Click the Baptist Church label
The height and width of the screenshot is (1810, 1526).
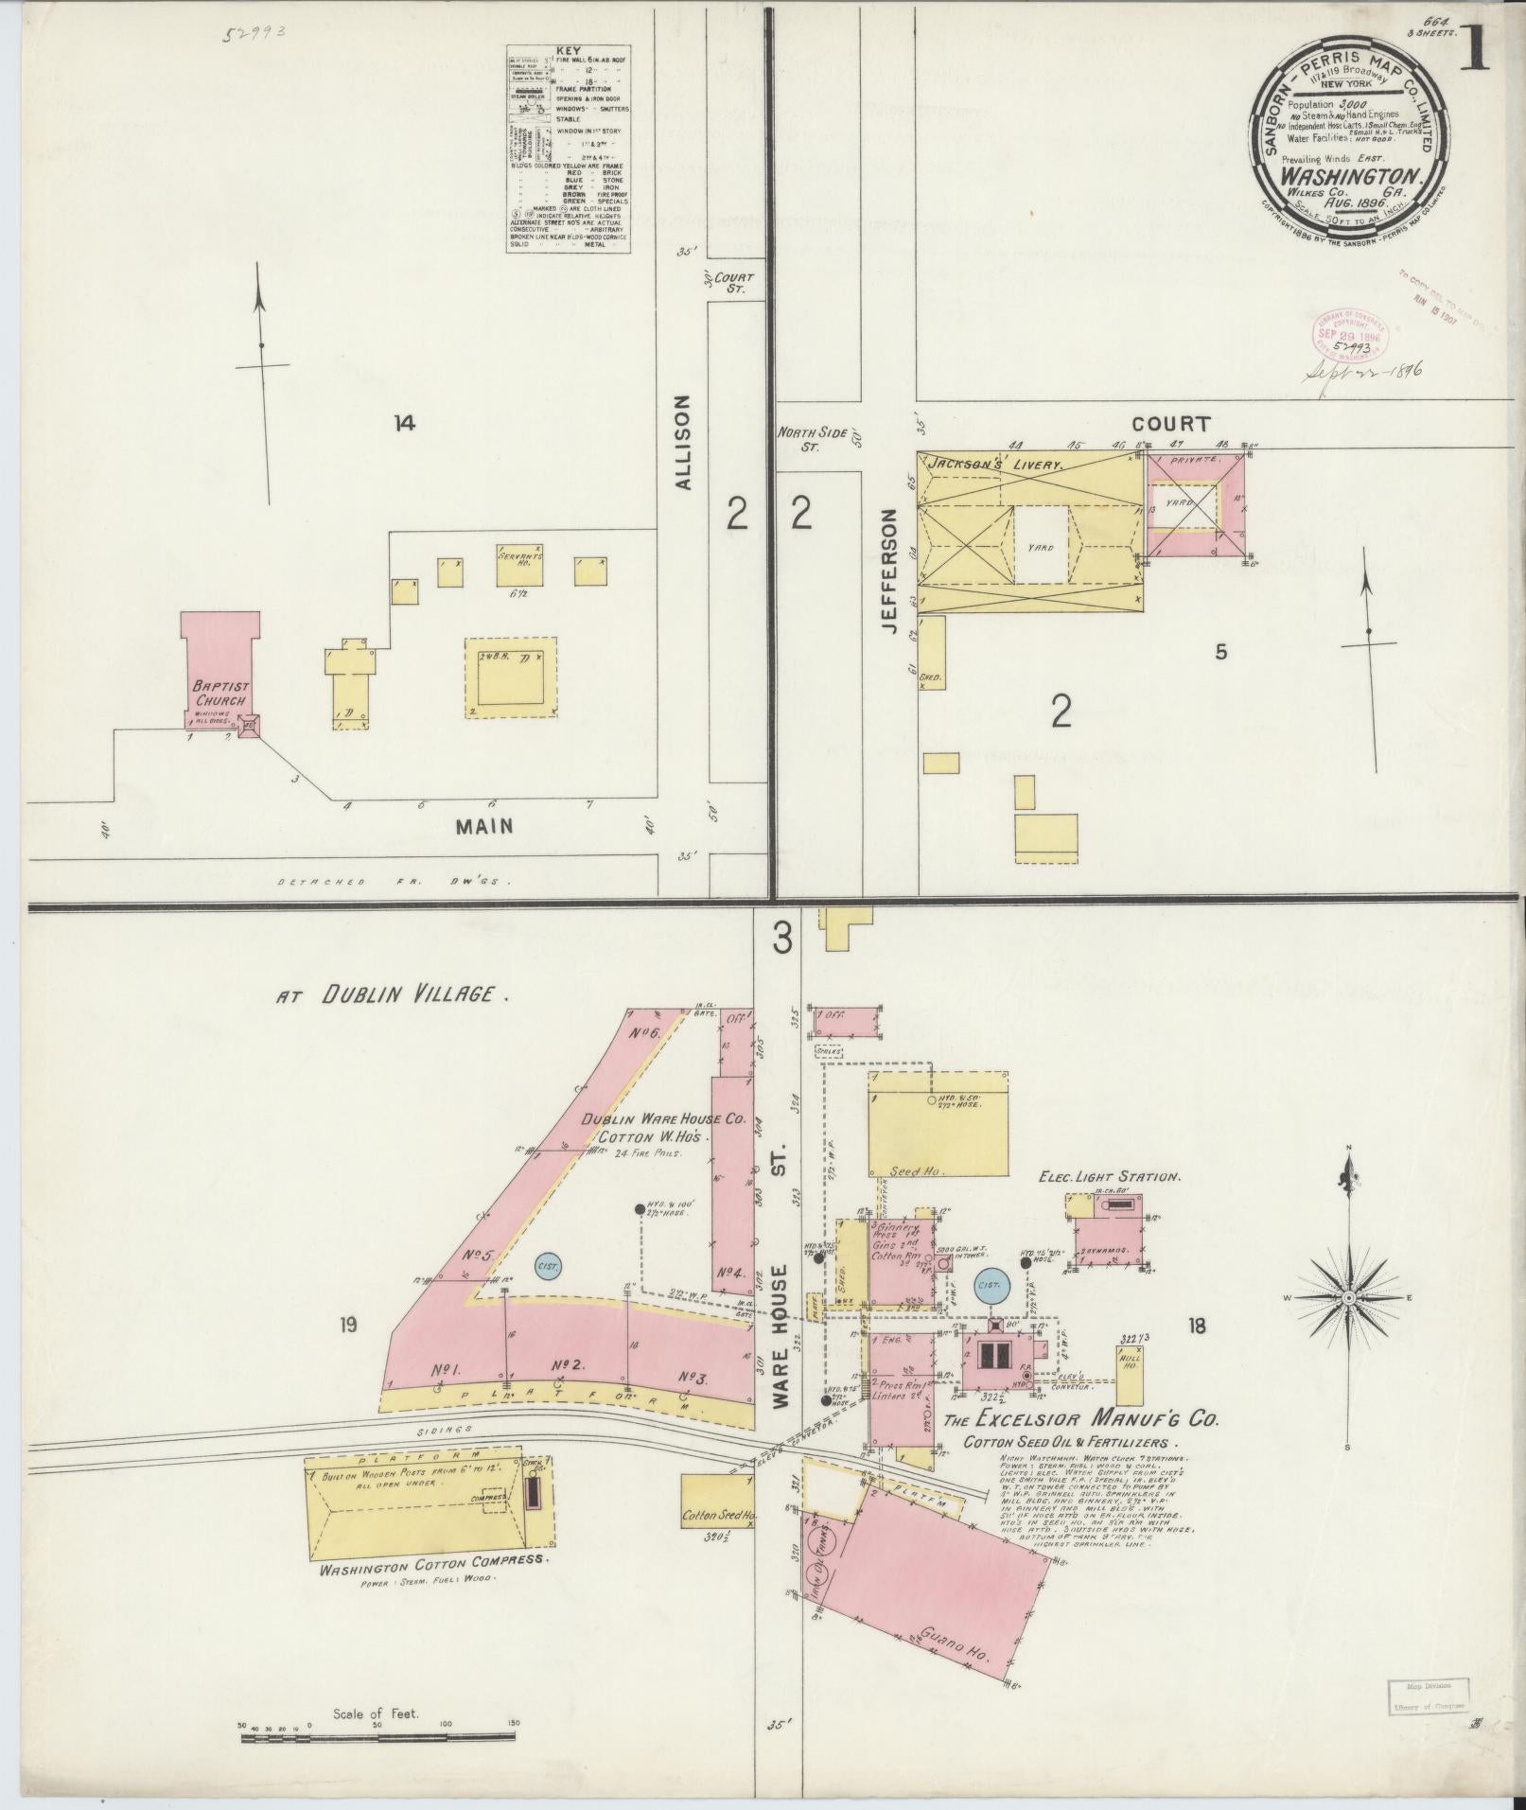pyautogui.click(x=219, y=694)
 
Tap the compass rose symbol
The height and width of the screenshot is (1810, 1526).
pyautogui.click(x=1347, y=1297)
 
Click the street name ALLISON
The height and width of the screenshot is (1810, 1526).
pyautogui.click(x=685, y=442)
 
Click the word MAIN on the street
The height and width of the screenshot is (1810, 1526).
pyautogui.click(x=483, y=826)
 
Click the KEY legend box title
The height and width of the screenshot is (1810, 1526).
pyautogui.click(x=567, y=51)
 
